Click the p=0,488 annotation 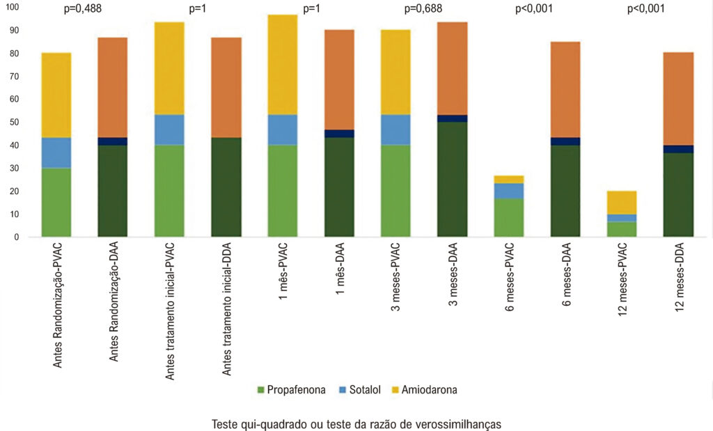(x=83, y=8)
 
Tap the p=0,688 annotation (x=423, y=8)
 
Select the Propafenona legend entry (x=292, y=390)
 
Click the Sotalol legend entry (x=360, y=390)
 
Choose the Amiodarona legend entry (x=424, y=390)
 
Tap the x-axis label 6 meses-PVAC (x=510, y=277)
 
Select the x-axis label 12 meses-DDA (x=680, y=277)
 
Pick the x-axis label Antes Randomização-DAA (x=113, y=302)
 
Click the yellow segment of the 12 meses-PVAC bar (x=622, y=203)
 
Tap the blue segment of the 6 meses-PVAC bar (x=509, y=191)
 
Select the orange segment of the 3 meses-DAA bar (x=453, y=69)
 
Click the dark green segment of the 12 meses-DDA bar (x=678, y=194)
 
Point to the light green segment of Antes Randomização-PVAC (x=56, y=203)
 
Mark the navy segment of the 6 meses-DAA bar (x=565, y=141)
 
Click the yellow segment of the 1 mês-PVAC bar (x=283, y=65)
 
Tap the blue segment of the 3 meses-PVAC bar (x=396, y=130)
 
